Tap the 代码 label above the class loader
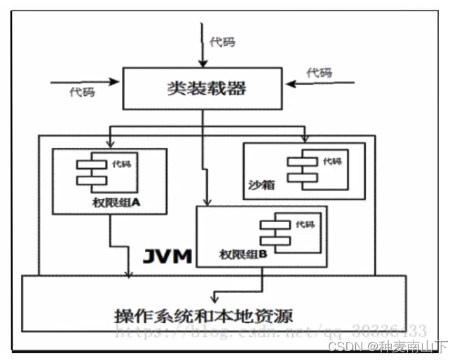point(222,42)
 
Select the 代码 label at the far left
point(82,92)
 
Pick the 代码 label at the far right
point(319,73)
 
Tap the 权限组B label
point(242,254)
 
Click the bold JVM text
point(167,256)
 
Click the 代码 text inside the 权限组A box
point(121,165)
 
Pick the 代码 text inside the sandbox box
point(332,161)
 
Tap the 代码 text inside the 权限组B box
point(304,224)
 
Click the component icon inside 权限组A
point(92,172)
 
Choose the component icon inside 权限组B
point(276,233)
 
